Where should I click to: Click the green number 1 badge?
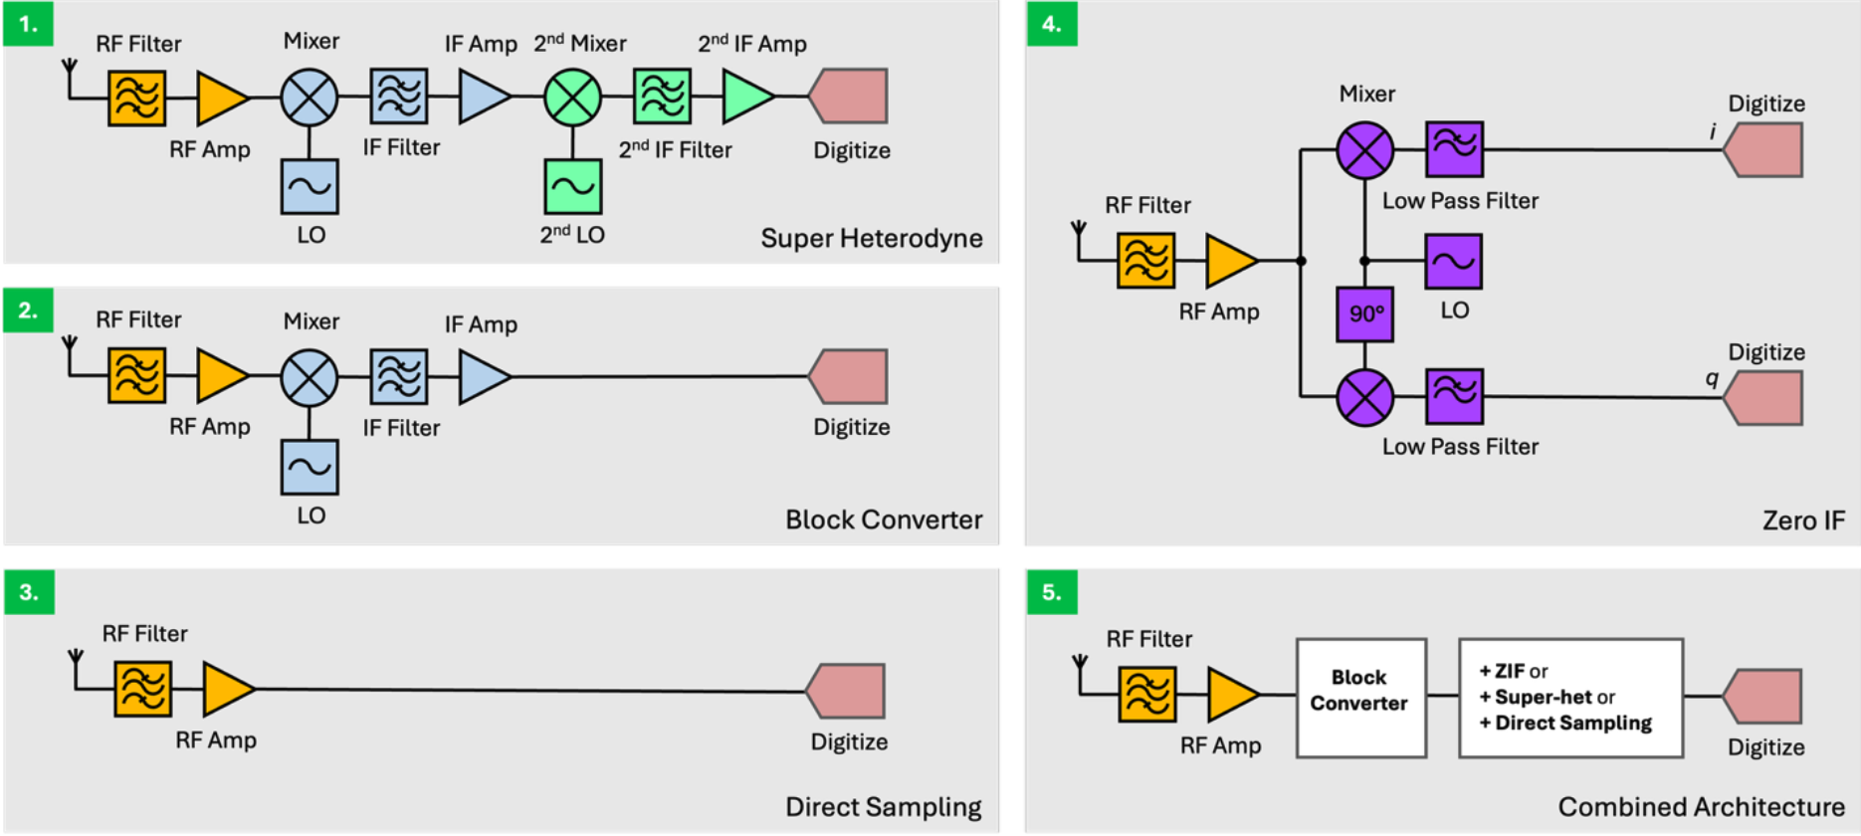pos(28,25)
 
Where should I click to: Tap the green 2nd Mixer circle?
pos(572,98)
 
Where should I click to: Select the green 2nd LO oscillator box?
pos(572,186)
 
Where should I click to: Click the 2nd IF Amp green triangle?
pos(744,97)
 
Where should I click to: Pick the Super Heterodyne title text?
pos(871,239)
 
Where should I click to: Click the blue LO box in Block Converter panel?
pos(310,467)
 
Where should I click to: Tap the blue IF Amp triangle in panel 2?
pos(483,377)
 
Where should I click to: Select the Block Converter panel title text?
pos(883,520)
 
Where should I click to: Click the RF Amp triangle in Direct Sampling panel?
pos(227,689)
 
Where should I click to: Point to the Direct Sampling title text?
pos(883,806)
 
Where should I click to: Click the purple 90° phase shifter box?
pos(1364,314)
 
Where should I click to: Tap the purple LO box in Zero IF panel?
pos(1453,261)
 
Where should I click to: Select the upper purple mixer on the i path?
pos(1364,150)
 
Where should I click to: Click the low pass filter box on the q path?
pos(1454,396)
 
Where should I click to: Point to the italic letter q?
pos(1712,378)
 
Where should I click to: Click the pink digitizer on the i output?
pos(1763,150)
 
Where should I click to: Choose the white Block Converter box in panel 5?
pos(1360,698)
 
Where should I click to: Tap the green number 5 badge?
pos(1051,592)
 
